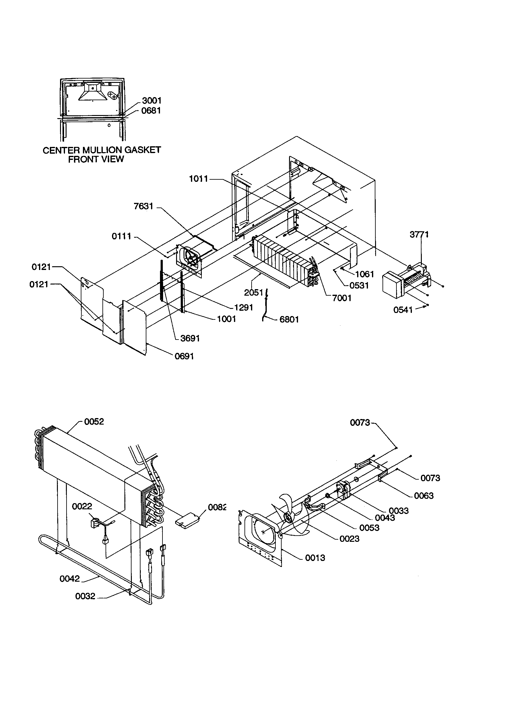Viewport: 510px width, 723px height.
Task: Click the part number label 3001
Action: pos(152,101)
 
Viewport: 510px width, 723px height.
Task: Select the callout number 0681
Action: pos(151,110)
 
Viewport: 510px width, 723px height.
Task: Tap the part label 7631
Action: pos(143,206)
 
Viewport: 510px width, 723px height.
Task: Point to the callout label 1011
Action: pos(199,179)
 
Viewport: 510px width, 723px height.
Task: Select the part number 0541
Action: pos(403,310)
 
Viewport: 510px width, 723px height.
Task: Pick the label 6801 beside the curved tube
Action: pos(289,319)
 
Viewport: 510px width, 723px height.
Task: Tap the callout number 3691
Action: pos(190,338)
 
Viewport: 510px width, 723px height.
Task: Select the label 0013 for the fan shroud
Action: pos(315,558)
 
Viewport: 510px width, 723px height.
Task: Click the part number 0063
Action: pos(424,496)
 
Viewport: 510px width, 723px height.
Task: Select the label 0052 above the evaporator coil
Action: pos(94,421)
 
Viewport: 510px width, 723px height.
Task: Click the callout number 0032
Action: pos(85,596)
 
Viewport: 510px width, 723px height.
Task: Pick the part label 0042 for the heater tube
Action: pos(70,579)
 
